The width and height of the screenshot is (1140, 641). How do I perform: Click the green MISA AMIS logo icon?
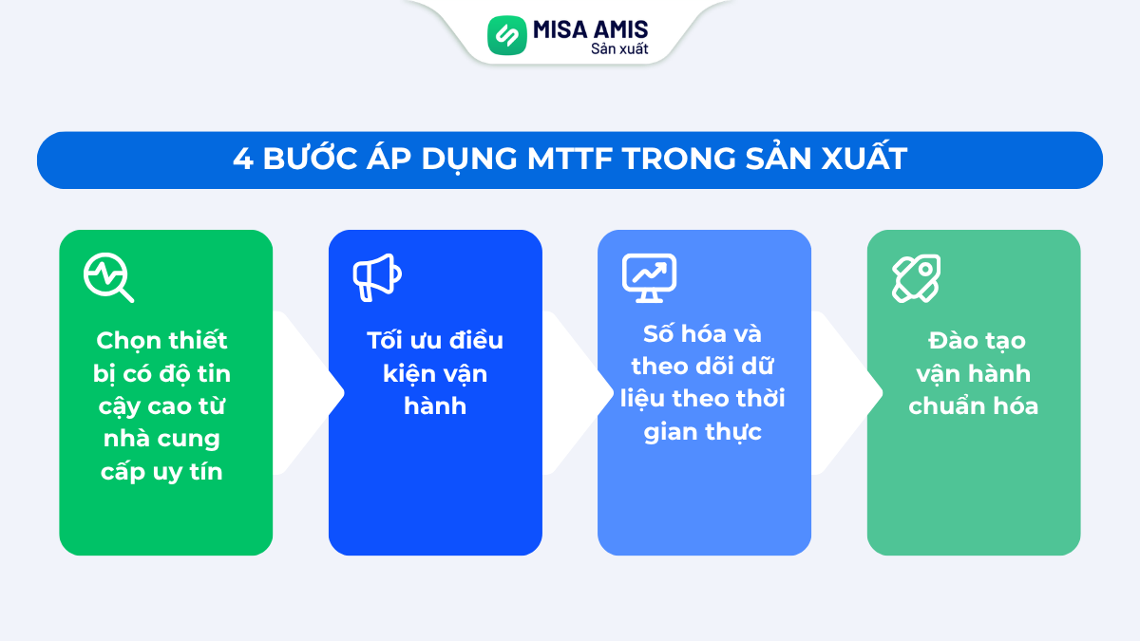[506, 35]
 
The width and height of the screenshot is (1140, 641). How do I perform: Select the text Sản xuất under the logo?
[619, 48]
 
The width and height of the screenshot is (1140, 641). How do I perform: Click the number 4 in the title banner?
[241, 160]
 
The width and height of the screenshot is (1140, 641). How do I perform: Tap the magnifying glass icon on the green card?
[108, 277]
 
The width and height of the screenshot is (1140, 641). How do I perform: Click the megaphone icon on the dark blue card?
[377, 277]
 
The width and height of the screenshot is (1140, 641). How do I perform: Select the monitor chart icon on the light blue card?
[649, 277]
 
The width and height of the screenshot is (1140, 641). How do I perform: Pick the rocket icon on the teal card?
[916, 278]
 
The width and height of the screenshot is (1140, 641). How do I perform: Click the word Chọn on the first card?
[127, 340]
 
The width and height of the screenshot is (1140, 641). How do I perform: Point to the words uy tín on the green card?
[187, 471]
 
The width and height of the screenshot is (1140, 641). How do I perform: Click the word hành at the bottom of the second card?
[435, 405]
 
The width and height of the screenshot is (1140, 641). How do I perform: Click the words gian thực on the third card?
[703, 432]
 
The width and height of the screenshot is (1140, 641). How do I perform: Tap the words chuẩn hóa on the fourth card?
[973, 405]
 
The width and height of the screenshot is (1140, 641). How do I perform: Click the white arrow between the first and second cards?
[309, 392]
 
